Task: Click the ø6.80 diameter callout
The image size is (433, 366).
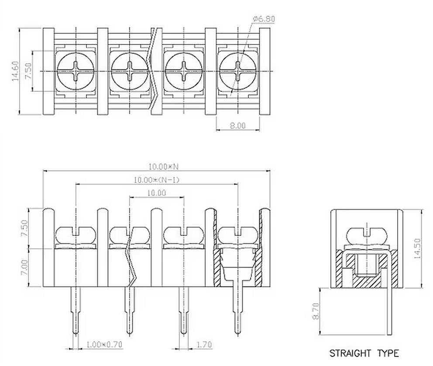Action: click(x=264, y=19)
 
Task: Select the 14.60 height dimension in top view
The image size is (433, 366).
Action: click(x=16, y=71)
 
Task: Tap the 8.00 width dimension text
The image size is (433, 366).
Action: click(x=238, y=125)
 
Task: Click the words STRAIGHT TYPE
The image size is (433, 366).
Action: click(x=364, y=353)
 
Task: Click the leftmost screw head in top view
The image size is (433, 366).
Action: click(x=76, y=70)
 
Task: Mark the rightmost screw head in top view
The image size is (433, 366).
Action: click(x=237, y=70)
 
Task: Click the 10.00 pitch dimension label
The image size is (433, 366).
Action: click(x=156, y=193)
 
